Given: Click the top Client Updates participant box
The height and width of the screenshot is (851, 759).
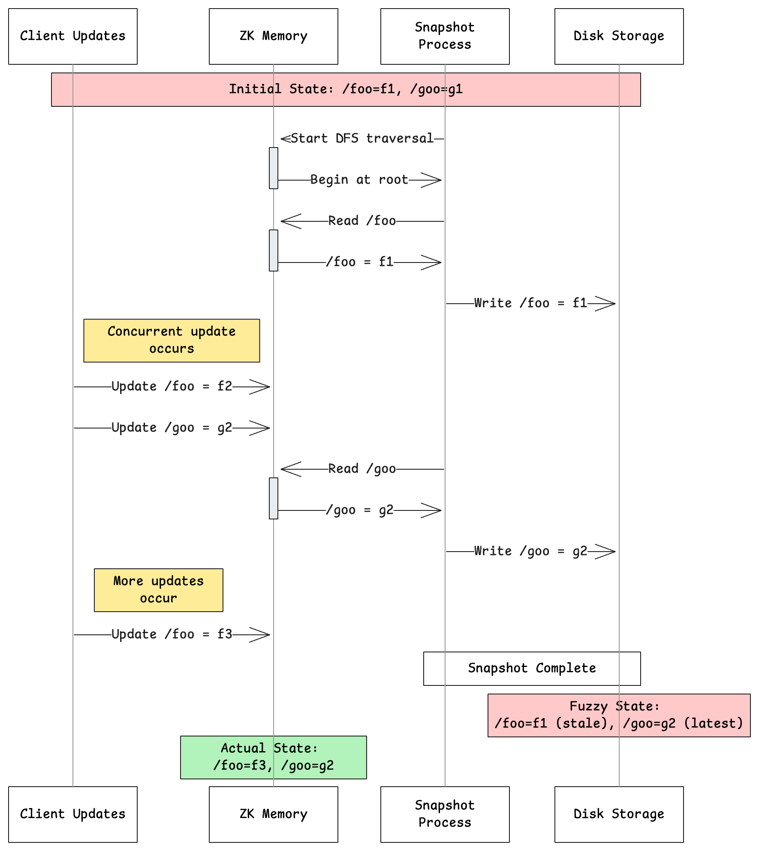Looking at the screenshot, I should tap(73, 36).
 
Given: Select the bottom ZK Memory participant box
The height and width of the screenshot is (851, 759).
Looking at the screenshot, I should tap(274, 814).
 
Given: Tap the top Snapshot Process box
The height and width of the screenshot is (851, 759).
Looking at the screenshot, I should tap(445, 36).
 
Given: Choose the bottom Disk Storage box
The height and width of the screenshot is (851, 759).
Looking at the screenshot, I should tap(619, 814).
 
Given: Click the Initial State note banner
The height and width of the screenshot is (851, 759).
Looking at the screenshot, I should tap(346, 89).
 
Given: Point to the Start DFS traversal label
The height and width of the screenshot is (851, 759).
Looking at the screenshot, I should tap(362, 139).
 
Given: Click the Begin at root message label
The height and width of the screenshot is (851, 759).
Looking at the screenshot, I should tap(359, 180).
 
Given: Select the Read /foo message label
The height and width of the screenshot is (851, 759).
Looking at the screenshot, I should tap(362, 221).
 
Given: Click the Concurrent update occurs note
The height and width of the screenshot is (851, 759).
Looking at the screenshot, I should tap(172, 340).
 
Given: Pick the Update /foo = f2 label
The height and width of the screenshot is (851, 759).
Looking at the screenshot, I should tap(172, 386).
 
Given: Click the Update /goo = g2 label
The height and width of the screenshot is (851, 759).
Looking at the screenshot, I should tap(172, 428).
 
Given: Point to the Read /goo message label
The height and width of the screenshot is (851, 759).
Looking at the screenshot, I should tap(362, 469).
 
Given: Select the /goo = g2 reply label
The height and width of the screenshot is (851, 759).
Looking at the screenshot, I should tap(359, 510).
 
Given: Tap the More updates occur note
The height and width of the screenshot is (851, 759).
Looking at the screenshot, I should tap(159, 590).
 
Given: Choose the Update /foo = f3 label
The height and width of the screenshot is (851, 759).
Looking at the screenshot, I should tap(172, 634).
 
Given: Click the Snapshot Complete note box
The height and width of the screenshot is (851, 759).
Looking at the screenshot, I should tap(532, 668).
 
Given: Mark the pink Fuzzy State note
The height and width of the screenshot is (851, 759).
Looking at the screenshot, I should tap(619, 715).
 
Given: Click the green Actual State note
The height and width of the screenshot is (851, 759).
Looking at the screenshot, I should tap(274, 757).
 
